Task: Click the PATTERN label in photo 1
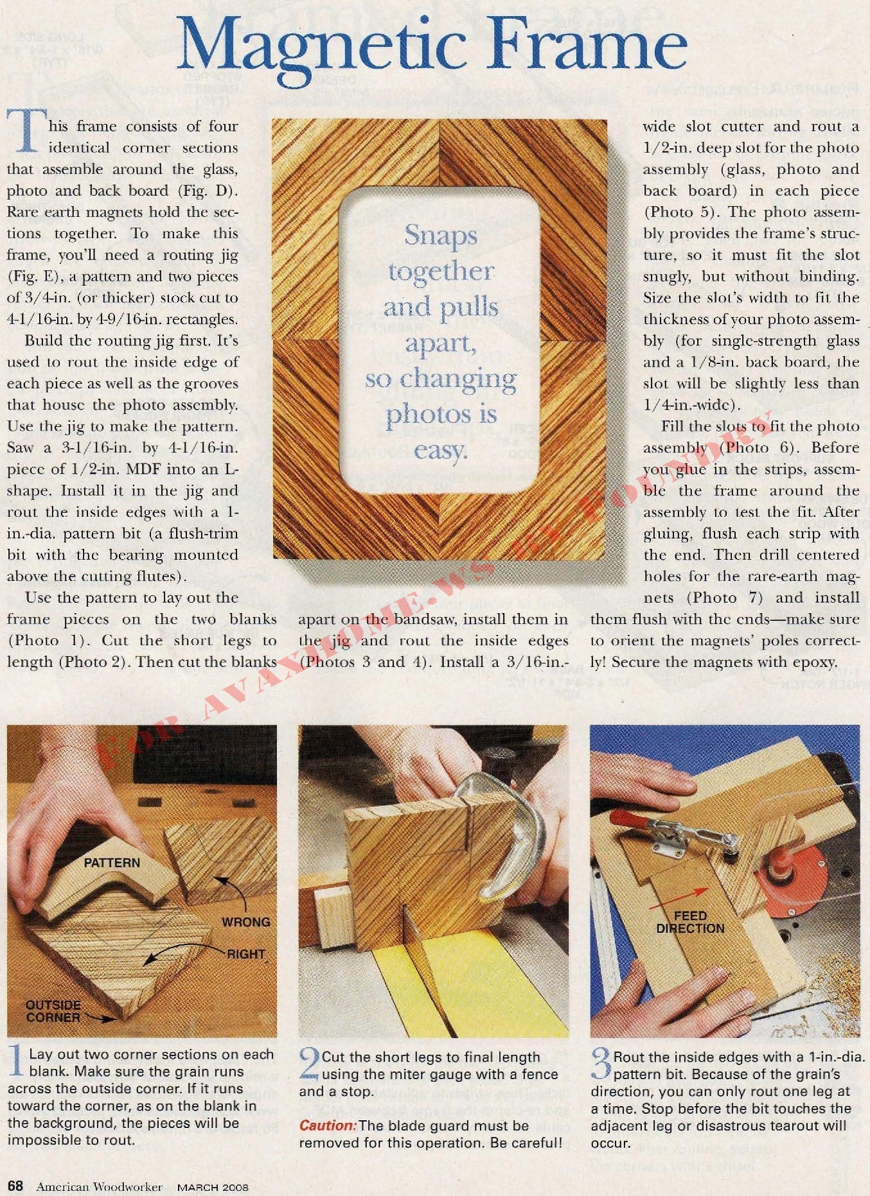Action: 112,863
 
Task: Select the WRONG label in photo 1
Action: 246,922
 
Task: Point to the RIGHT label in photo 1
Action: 245,954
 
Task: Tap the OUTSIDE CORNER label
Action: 53,1011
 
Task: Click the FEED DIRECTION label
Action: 690,923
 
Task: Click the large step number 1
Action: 17,1062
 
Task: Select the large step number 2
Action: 309,1064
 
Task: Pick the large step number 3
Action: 601,1064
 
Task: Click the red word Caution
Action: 328,1126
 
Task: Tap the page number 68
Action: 15,1186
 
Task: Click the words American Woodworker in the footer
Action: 99,1187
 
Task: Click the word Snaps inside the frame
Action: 440,236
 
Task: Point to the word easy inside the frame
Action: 440,451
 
